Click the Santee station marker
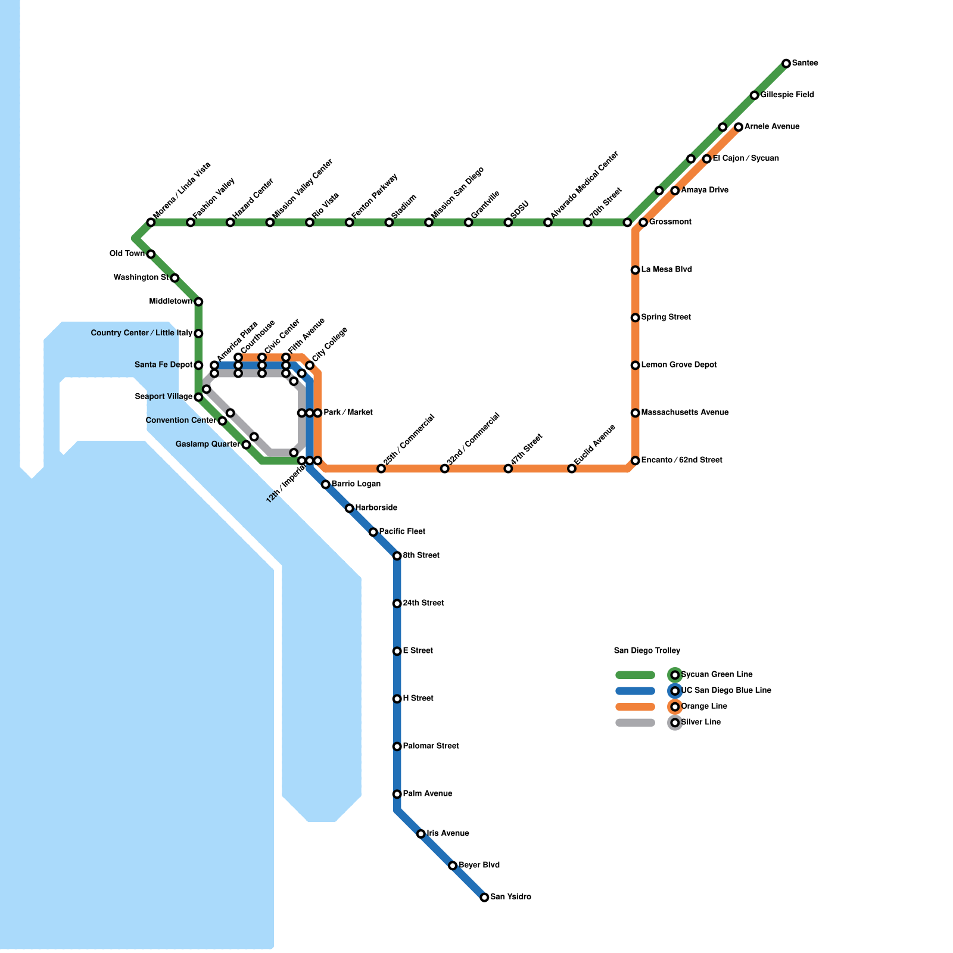point(786,63)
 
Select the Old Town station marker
point(151,254)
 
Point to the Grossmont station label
point(670,222)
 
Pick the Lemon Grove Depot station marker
point(636,365)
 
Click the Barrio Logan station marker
point(326,484)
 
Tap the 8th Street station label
point(421,556)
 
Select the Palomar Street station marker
point(397,746)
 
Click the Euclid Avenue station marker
point(572,469)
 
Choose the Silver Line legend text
point(700,722)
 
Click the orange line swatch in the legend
point(635,707)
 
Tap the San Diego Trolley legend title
point(647,651)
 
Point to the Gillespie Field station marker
point(755,95)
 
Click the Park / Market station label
point(348,413)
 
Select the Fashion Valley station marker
point(191,223)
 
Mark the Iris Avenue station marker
point(421,834)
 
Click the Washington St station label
point(141,278)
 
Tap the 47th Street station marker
point(508,469)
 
